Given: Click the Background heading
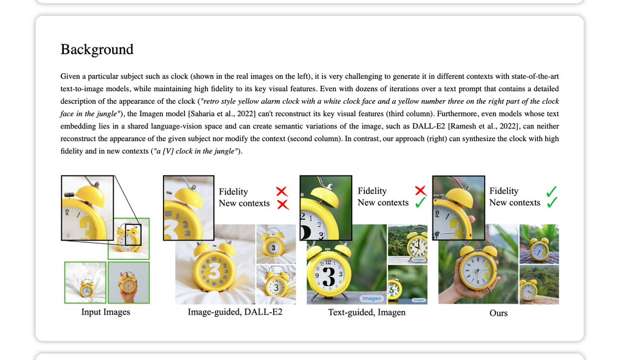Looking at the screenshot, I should (x=97, y=49).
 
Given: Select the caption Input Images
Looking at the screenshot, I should (x=105, y=312).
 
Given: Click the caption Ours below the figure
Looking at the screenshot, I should (x=498, y=313).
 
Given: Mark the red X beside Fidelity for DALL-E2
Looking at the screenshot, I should (x=283, y=192).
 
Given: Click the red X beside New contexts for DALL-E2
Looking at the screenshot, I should (x=283, y=204).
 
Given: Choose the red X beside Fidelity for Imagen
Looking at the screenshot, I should (x=420, y=191).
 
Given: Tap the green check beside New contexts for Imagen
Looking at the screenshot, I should (x=420, y=203).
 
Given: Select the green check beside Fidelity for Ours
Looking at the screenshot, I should (x=551, y=191).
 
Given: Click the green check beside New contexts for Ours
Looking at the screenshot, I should (x=551, y=203).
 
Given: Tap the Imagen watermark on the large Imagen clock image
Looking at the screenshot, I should (x=372, y=298).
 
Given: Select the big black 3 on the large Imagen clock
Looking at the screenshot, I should (x=329, y=276).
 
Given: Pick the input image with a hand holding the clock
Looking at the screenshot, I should (x=128, y=282).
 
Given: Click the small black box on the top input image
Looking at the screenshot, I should (x=133, y=234).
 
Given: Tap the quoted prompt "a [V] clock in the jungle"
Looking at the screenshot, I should (x=195, y=151).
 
